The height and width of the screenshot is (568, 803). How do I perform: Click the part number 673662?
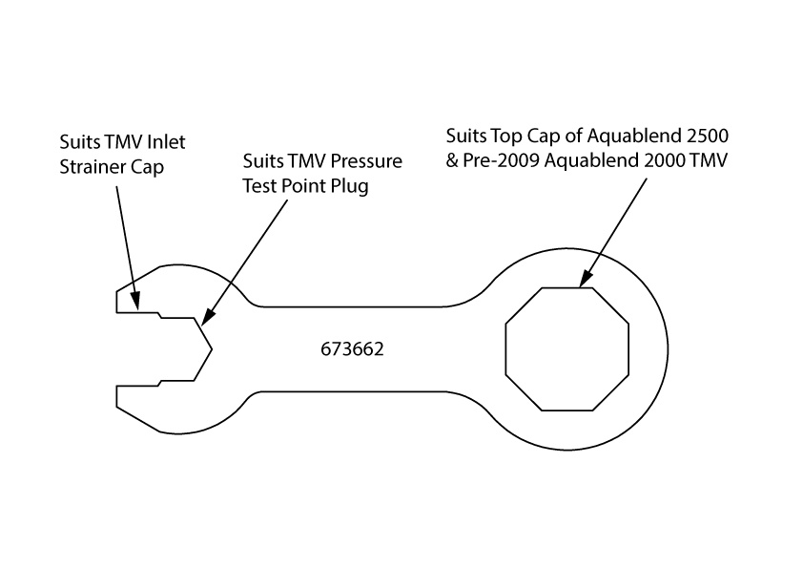pyautogui.click(x=353, y=350)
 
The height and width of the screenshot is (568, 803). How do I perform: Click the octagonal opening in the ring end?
pyautogui.click(x=566, y=348)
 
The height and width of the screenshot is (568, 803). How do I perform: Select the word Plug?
pyautogui.click(x=351, y=186)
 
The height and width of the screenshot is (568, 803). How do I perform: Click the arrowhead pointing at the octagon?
pyautogui.click(x=582, y=282)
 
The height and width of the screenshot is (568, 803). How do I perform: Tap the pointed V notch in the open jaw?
pyautogui.click(x=210, y=350)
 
